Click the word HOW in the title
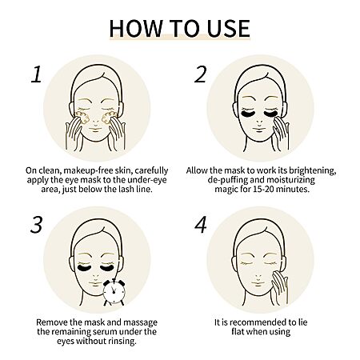[136, 28]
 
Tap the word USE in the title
[229, 28]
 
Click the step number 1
[37, 74]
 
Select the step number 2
[200, 74]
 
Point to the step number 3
[37, 225]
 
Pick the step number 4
[201, 225]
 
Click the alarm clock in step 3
[114, 292]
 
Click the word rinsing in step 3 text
[122, 341]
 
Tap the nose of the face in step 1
[95, 122]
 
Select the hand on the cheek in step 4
[279, 287]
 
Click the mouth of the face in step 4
[258, 283]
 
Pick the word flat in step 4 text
[238, 331]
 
